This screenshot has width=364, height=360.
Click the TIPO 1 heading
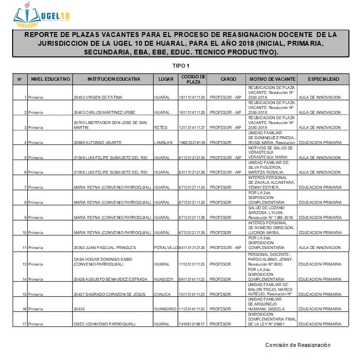(181, 66)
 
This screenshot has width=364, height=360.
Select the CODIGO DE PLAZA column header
(193, 79)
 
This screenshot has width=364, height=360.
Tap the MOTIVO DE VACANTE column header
(272, 79)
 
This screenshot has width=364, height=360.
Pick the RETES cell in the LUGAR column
(160, 127)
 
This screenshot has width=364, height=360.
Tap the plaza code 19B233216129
(192, 143)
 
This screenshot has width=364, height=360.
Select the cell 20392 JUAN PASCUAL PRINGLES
(104, 248)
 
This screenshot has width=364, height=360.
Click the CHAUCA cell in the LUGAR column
(162, 294)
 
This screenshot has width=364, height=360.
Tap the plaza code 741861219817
(192, 324)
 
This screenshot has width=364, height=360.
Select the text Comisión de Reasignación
(297, 345)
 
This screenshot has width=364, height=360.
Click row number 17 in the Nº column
(24, 324)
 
